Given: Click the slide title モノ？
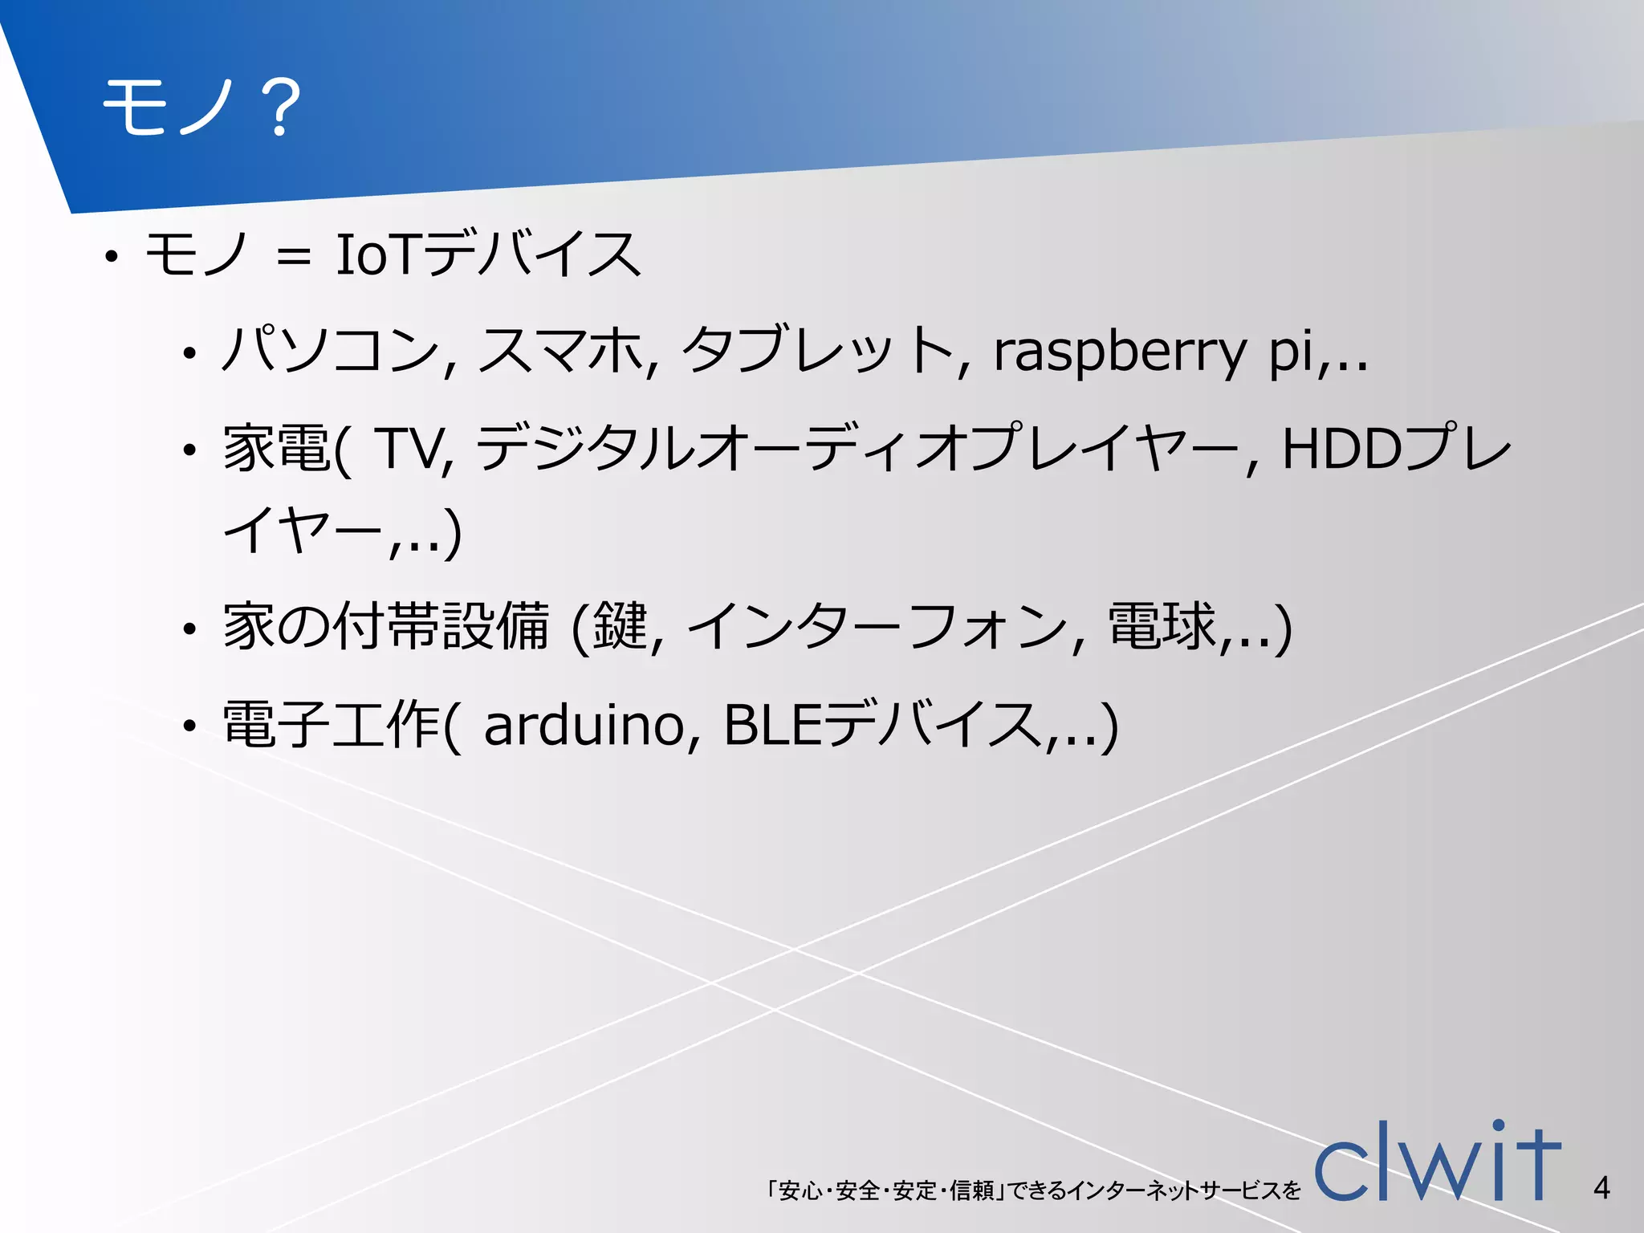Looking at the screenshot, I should (x=201, y=108).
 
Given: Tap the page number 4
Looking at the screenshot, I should (x=1601, y=1187).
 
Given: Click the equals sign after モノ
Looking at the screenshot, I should (x=293, y=257).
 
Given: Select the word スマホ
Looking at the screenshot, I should (x=562, y=352).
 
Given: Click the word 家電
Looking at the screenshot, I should (x=276, y=448).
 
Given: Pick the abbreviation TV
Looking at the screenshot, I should (x=409, y=448).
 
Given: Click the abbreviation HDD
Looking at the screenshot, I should (x=1341, y=448).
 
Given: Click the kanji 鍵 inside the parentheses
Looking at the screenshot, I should (x=620, y=627).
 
